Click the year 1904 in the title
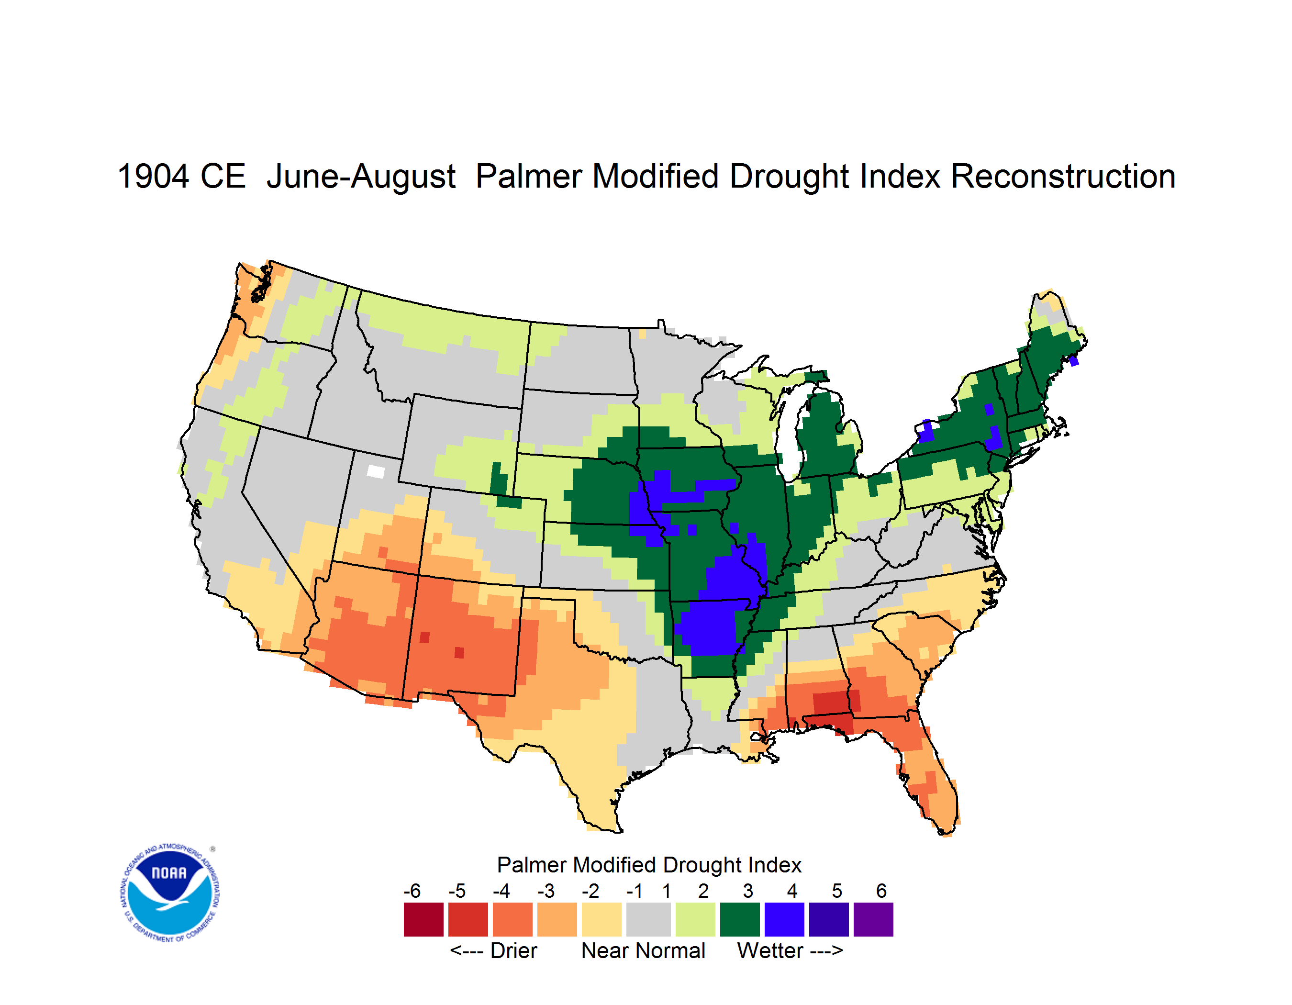[x=153, y=176]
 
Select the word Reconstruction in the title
[x=1062, y=176]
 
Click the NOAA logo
[x=170, y=893]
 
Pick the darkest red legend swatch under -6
[x=423, y=919]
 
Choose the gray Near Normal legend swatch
[x=648, y=919]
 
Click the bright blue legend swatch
[x=784, y=919]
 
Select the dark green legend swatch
[x=739, y=919]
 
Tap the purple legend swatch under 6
[x=873, y=919]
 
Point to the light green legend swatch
[x=695, y=919]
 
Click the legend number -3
[x=546, y=891]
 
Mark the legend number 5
[x=837, y=891]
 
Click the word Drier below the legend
[x=513, y=950]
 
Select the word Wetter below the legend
[x=770, y=950]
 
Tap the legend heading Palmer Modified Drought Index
[x=649, y=865]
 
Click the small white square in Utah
[x=376, y=471]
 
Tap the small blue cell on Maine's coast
[x=1074, y=360]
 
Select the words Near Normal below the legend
[x=643, y=950]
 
